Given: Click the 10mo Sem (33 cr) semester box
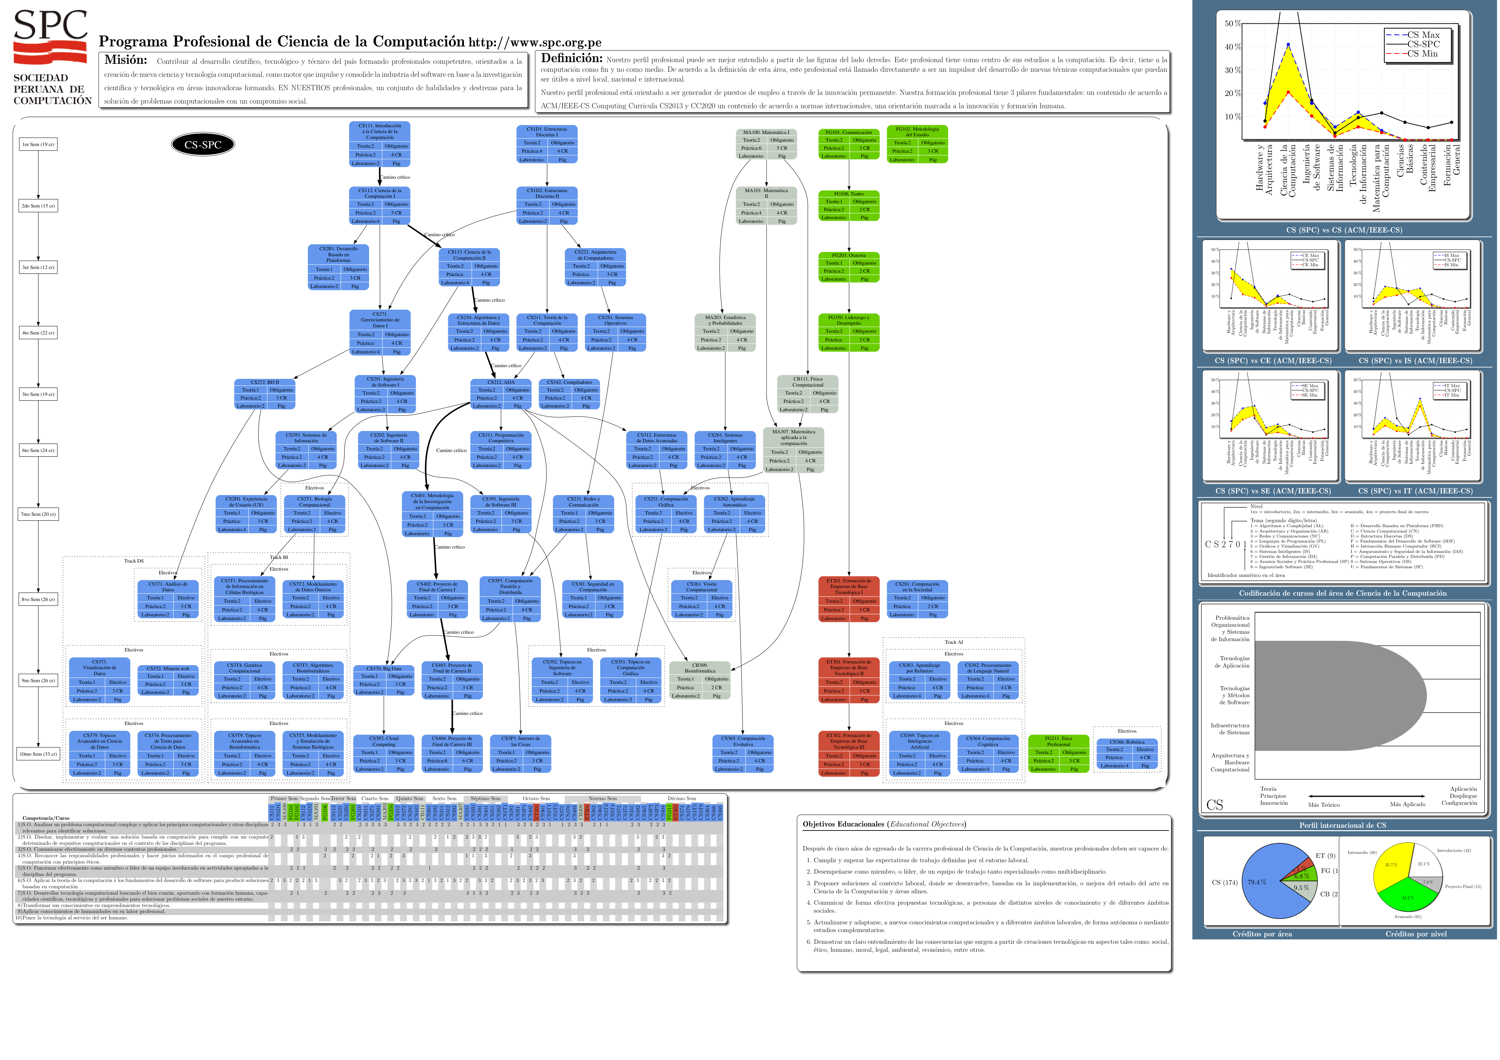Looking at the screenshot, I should click(x=38, y=754).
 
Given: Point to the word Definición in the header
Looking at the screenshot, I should click(x=572, y=58).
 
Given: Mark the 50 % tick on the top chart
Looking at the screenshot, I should click(x=1232, y=23).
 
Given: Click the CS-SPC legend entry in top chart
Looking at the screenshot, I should click(x=1423, y=44).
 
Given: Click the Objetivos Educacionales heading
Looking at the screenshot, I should click(x=884, y=824).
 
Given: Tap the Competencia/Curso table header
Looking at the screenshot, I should click(x=46, y=817).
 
